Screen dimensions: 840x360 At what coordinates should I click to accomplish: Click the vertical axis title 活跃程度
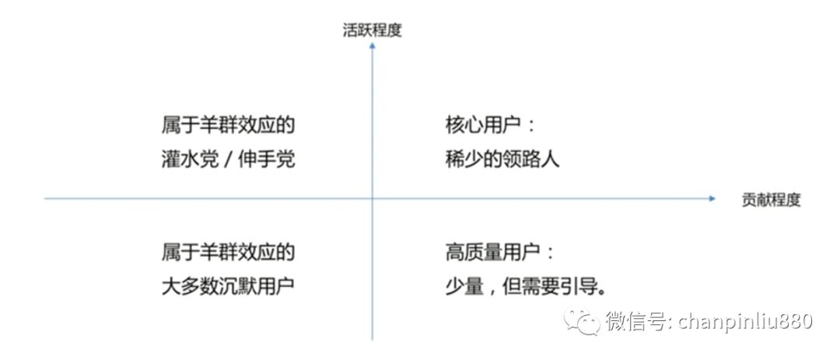(x=373, y=30)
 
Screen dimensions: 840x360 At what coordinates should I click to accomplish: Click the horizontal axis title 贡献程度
(x=772, y=201)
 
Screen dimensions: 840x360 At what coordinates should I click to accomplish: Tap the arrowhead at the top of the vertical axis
(x=373, y=46)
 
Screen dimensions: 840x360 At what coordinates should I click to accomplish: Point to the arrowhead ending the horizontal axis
(x=712, y=199)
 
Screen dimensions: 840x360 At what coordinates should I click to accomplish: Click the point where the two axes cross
(x=373, y=199)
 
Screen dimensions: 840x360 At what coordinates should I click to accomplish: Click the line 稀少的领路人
(x=502, y=159)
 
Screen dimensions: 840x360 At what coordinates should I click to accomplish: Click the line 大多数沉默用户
(x=228, y=285)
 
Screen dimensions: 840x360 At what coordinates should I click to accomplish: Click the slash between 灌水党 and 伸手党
(x=229, y=159)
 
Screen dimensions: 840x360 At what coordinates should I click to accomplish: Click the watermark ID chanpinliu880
(x=745, y=321)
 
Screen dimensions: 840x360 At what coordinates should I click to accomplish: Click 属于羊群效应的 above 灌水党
(x=228, y=127)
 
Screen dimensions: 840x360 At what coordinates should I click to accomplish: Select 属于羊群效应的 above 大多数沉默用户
(x=228, y=253)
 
